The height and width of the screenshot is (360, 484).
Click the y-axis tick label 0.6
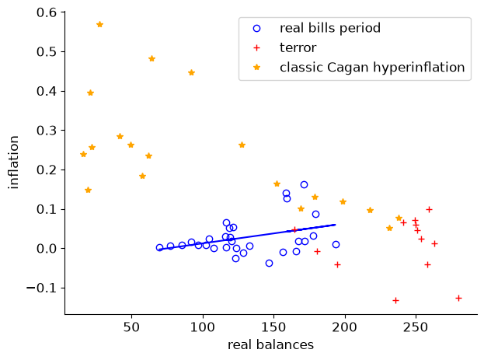(47, 12)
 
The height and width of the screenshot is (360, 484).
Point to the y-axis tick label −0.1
(42, 288)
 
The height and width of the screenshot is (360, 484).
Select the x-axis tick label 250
(416, 327)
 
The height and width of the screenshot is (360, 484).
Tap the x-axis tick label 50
(132, 327)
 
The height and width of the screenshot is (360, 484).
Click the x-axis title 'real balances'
(270, 345)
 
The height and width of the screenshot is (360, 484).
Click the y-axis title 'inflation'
(14, 163)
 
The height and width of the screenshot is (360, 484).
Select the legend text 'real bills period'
(330, 28)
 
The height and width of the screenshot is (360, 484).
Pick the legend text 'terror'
(298, 48)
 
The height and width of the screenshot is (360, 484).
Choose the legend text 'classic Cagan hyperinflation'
(372, 68)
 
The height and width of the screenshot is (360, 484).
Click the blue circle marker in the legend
(257, 29)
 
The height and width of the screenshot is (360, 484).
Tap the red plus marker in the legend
(257, 48)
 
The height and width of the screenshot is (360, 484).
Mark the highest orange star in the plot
(99, 24)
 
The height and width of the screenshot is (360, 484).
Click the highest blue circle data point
(304, 184)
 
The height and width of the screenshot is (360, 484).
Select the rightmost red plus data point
(458, 299)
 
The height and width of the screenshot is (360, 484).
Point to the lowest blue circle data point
(269, 264)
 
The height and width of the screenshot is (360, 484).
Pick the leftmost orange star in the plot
(83, 154)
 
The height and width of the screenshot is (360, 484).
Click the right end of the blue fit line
(336, 225)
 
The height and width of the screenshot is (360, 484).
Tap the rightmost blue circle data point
(336, 245)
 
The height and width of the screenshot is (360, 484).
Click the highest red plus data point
(429, 210)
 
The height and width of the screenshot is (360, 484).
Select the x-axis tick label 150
(273, 327)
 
